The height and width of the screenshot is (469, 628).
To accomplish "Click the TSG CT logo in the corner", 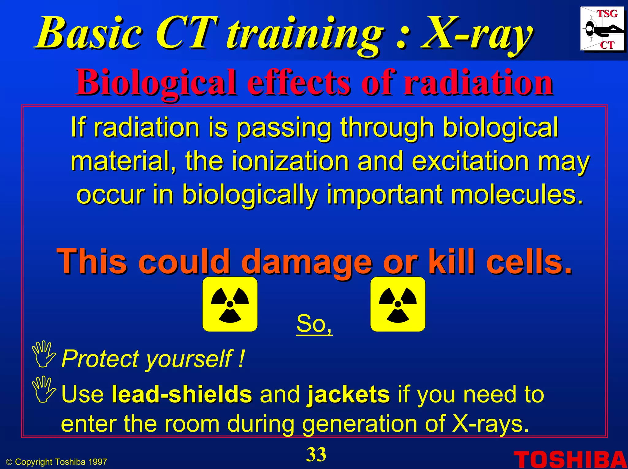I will (x=602, y=29).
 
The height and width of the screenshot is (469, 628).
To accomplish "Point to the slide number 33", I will (x=316, y=455).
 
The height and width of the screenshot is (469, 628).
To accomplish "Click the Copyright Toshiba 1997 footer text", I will (x=57, y=462).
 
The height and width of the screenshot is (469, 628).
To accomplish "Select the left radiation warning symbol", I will (x=230, y=304).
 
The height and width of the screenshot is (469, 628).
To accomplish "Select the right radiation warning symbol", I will (x=398, y=304).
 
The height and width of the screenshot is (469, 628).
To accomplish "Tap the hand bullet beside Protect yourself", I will (x=44, y=354).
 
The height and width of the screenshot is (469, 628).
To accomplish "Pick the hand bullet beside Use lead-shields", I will (x=44, y=389).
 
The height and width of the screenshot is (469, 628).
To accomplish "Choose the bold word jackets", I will (x=349, y=395).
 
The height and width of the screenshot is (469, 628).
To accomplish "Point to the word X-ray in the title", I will (x=476, y=34).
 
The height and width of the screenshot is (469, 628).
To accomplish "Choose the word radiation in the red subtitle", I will (x=478, y=82).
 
